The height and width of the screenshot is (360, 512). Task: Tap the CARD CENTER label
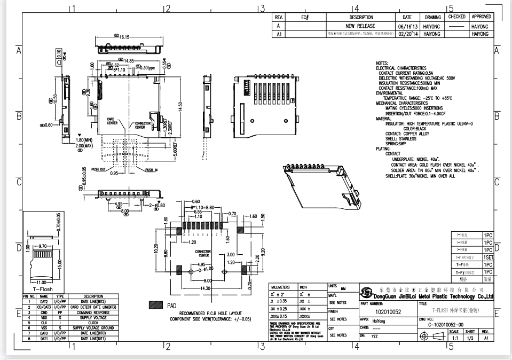(112, 121)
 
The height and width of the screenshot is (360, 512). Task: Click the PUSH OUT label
(99, 169)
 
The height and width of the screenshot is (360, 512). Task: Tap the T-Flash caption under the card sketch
(43, 288)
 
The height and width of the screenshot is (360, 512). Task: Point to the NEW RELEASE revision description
(360, 26)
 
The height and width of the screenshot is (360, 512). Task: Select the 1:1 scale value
(455, 338)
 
